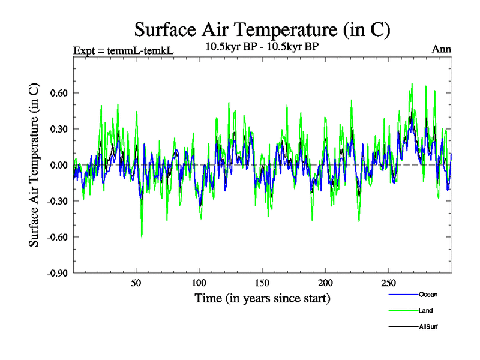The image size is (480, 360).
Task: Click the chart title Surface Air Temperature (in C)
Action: [x=263, y=29]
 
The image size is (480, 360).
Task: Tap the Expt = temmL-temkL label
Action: [x=123, y=50]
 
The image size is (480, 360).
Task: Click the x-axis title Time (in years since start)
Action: [x=262, y=298]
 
